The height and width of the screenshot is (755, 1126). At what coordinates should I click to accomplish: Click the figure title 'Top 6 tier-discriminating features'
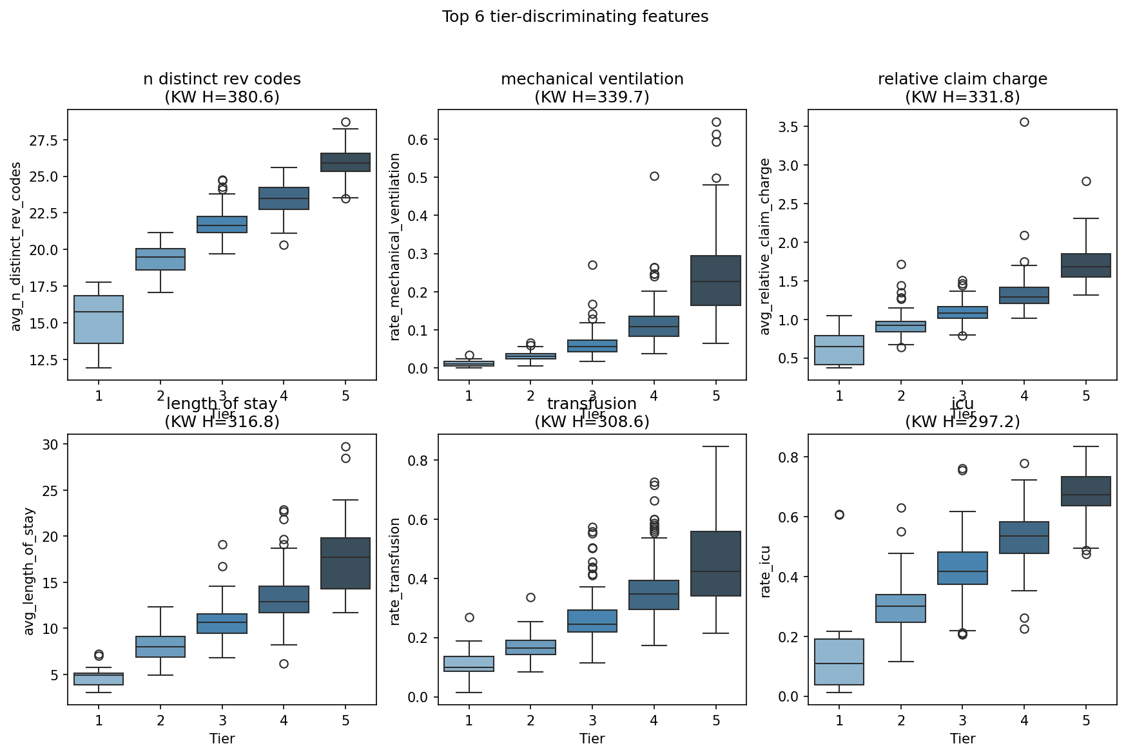coord(575,17)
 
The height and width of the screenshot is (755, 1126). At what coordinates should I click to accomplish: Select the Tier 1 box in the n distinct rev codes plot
coord(99,319)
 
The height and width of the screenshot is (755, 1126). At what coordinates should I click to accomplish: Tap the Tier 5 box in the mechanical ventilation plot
coord(715,280)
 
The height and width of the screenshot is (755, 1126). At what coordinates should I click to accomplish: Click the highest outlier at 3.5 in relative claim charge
coord(1024,122)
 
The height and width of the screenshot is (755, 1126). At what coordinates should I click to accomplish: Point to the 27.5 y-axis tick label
coord(44,141)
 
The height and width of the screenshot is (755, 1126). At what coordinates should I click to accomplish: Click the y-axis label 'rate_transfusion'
coord(396,571)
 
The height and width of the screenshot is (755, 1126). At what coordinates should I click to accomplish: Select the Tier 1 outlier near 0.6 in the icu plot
coord(839,515)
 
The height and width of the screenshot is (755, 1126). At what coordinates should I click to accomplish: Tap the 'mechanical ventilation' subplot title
coord(592,79)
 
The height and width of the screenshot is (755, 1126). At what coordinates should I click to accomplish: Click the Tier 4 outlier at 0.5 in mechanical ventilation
coord(654,177)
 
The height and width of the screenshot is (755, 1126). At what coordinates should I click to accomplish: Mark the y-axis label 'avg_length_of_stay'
coord(29,571)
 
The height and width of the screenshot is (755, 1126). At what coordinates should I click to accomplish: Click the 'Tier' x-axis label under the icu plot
coord(962,739)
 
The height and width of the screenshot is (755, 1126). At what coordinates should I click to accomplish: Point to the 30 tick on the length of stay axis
coord(51,444)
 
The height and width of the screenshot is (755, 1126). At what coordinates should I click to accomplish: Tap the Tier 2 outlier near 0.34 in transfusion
coord(530,598)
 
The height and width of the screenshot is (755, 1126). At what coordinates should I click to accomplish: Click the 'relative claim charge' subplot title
coord(962,79)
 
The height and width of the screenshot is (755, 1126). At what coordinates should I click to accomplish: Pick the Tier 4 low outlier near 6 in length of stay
coord(284,664)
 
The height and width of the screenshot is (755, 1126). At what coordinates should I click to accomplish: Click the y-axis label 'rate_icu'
coord(766,571)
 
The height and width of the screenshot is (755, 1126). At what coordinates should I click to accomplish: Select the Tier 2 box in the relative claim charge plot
coord(901,327)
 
